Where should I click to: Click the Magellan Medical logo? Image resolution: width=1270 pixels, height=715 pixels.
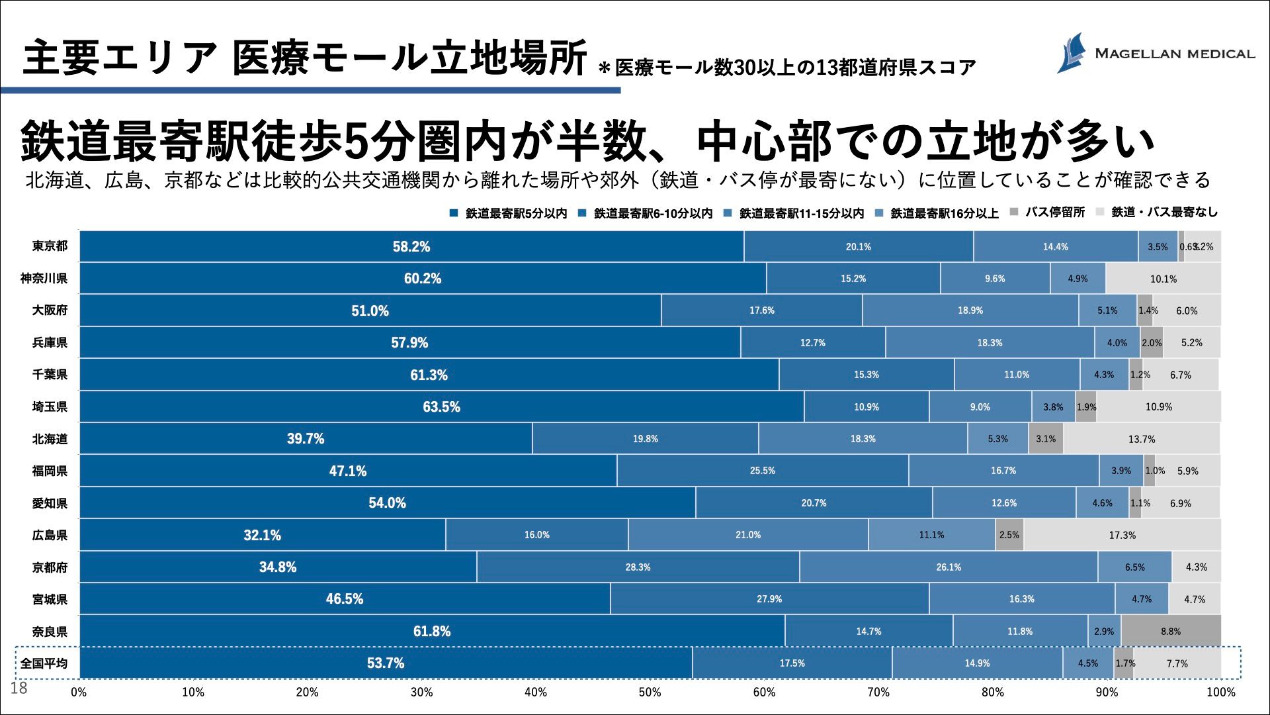click(x=1155, y=53)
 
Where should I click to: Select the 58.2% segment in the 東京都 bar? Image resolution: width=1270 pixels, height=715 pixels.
click(x=411, y=247)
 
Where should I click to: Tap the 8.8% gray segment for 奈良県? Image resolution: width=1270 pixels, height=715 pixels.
click(x=1170, y=631)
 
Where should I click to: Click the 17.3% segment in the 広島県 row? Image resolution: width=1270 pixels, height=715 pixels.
click(x=1122, y=535)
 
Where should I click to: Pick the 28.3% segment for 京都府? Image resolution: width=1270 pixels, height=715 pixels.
click(x=638, y=567)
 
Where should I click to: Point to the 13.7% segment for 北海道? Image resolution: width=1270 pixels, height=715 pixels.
click(x=1141, y=439)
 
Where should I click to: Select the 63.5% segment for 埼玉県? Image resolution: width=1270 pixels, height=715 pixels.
click(x=441, y=406)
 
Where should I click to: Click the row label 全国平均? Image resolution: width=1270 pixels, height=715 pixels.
click(x=44, y=663)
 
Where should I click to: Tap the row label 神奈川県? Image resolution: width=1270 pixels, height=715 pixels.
click(x=44, y=279)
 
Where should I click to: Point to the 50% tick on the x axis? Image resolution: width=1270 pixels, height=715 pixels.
click(x=650, y=692)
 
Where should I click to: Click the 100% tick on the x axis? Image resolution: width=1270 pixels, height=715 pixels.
click(x=1220, y=692)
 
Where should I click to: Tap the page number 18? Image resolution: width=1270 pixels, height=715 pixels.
click(x=19, y=689)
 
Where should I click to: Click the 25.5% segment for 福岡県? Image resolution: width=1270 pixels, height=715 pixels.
click(x=762, y=471)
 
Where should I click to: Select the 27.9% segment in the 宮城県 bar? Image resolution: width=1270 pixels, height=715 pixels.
click(x=769, y=599)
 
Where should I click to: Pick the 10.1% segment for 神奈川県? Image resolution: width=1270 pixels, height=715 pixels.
click(x=1163, y=279)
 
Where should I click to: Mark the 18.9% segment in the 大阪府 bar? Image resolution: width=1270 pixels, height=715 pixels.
click(x=970, y=310)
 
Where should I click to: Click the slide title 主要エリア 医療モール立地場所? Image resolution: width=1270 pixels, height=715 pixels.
click(x=304, y=58)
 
